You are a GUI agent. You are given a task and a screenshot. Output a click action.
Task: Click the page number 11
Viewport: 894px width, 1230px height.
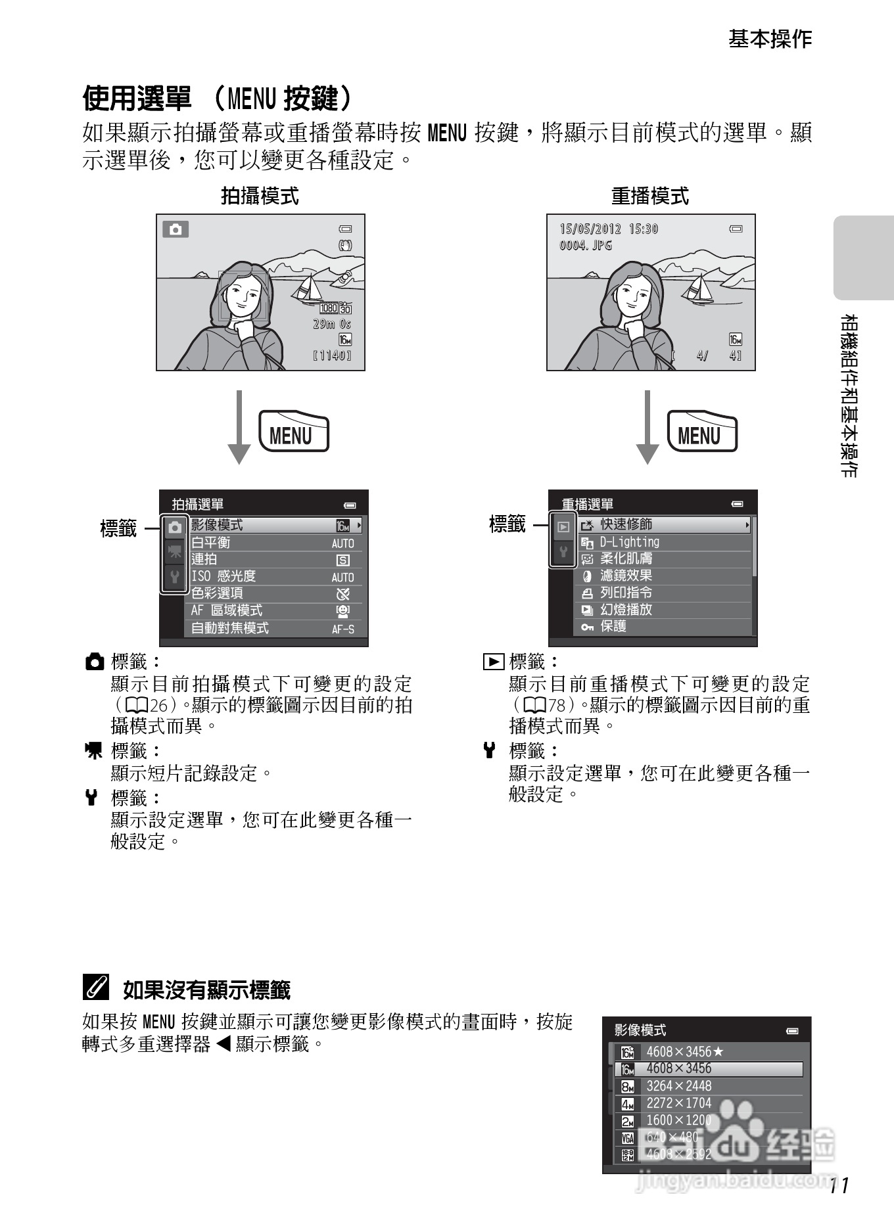pyautogui.click(x=840, y=1185)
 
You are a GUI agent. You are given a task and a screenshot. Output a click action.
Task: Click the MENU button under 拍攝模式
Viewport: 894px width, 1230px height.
pyautogui.click(x=293, y=432)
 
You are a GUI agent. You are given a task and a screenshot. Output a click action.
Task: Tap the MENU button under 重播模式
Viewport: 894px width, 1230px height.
pyautogui.click(x=701, y=432)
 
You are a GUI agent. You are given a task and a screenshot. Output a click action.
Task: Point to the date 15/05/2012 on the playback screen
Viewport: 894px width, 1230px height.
pyautogui.click(x=590, y=229)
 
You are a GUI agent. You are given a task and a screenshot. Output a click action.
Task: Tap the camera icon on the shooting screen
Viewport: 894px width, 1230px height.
pyautogui.click(x=176, y=229)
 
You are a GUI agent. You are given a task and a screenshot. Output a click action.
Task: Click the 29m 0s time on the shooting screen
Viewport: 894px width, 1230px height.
pyautogui.click(x=332, y=324)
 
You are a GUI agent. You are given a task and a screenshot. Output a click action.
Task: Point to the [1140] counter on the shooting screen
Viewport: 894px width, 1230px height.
pyautogui.click(x=332, y=355)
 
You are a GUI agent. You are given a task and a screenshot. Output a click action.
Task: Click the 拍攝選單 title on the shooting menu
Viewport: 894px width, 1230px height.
pyautogui.click(x=198, y=504)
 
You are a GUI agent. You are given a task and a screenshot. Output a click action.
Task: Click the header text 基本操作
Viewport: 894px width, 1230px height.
pyautogui.click(x=770, y=39)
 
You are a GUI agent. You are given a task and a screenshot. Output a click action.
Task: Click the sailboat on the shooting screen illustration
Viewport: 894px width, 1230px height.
pyautogui.click(x=308, y=288)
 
